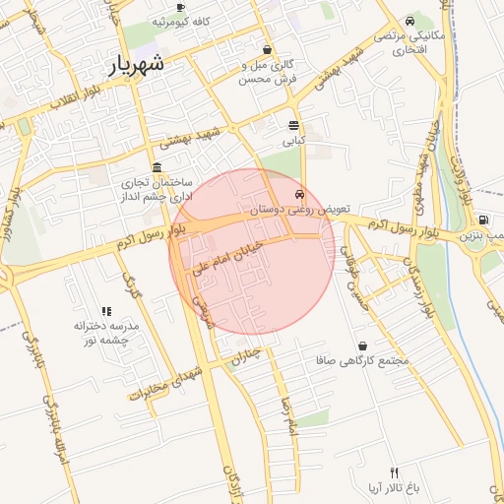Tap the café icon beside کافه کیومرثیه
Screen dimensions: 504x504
point(180,8)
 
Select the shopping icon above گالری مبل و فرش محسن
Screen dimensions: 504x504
point(267,49)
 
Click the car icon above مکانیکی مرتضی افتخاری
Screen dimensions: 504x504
point(409,20)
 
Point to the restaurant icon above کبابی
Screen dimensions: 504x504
point(293,125)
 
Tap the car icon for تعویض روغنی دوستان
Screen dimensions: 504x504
point(299,195)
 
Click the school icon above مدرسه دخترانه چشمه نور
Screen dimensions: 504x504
point(106,311)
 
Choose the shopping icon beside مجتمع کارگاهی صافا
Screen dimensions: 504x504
point(364,346)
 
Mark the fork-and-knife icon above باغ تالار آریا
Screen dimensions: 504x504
point(395,472)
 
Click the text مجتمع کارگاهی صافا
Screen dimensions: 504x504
point(371,361)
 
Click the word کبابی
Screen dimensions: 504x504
point(294,141)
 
